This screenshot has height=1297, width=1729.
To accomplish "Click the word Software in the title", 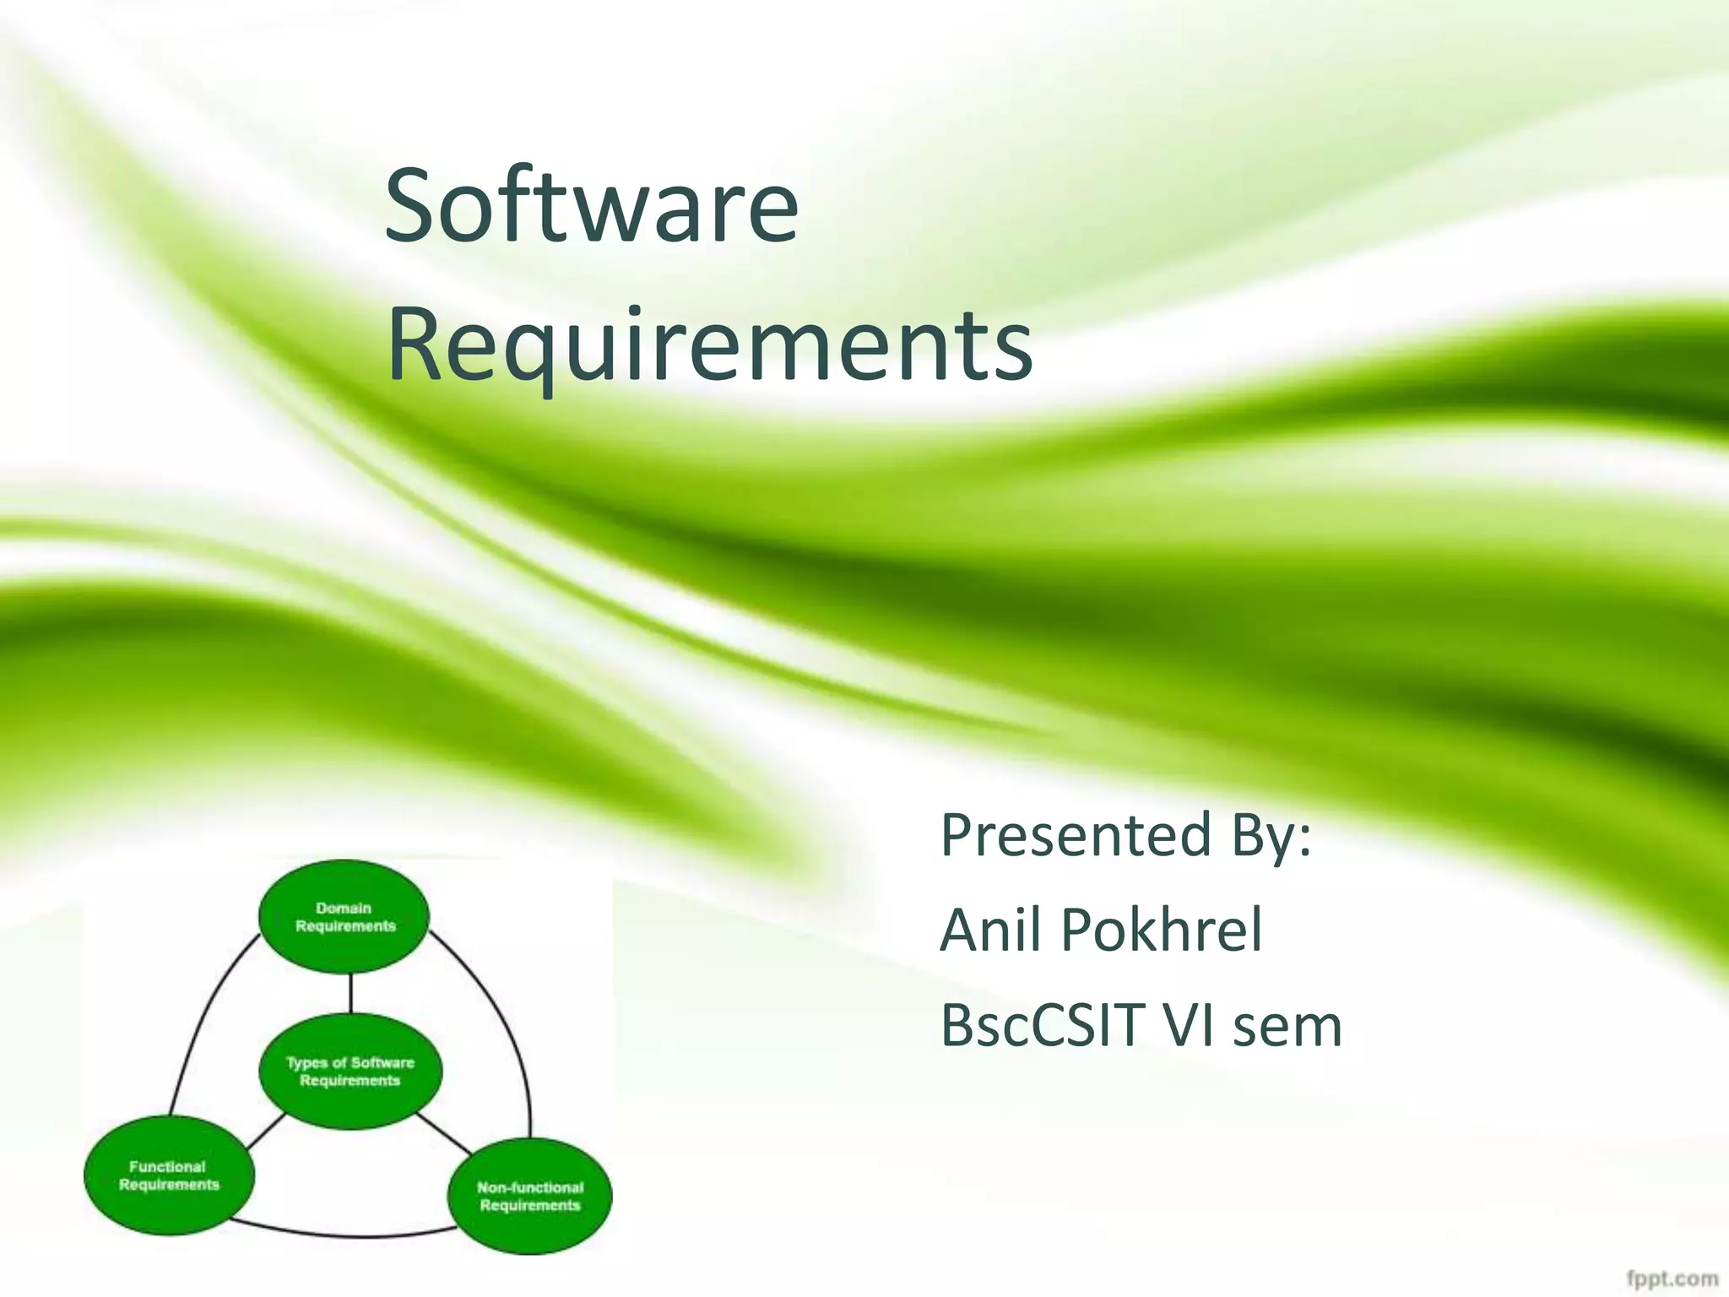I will click(x=591, y=207).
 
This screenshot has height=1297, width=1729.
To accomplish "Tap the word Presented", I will click(x=1076, y=836).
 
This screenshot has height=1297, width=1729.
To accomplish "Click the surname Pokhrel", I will click(x=1161, y=930).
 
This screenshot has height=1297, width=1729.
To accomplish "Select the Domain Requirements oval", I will click(x=344, y=917).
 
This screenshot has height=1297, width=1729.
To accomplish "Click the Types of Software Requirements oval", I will click(x=350, y=1072).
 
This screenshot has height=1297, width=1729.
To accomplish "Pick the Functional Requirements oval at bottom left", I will click(x=169, y=1175).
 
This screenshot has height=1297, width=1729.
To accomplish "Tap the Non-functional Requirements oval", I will click(x=529, y=1196).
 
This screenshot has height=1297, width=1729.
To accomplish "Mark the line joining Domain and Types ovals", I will click(x=350, y=995).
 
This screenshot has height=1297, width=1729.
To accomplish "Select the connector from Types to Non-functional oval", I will click(x=444, y=1134).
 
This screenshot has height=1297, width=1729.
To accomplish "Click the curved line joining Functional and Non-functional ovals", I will click(x=346, y=1235).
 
